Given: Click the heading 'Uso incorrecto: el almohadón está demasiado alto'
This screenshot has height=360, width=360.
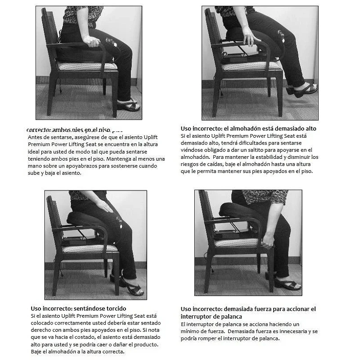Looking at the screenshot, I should point(248,128).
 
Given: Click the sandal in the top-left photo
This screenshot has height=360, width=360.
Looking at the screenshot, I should point(128,105).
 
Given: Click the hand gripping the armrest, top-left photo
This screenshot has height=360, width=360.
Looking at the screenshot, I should point(93,41).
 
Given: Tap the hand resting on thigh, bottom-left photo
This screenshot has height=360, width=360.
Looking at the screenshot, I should point(105,206).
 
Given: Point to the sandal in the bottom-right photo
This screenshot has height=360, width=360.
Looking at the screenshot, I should point(287,284).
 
